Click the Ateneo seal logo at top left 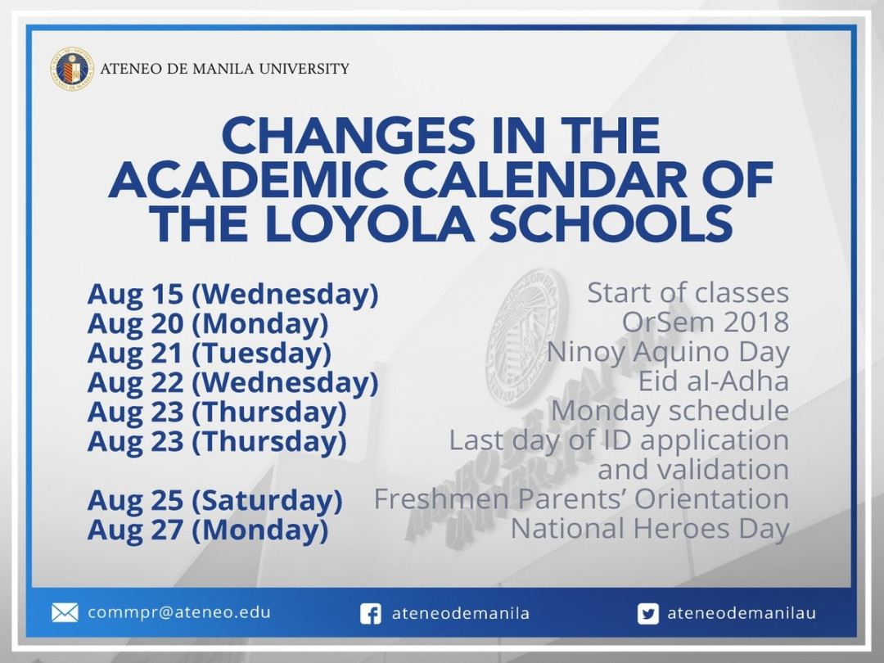point(72,69)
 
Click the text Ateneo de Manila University point(224,69)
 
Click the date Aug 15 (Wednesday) point(232,294)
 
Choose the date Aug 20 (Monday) point(208,324)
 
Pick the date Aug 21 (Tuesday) point(210,354)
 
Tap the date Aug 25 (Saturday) point(214,500)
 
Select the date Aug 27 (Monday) point(208,530)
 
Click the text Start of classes point(688,293)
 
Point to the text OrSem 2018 point(705,322)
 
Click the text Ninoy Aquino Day point(667,352)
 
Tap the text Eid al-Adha point(713,381)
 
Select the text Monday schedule point(669,411)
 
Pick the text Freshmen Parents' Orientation point(581,499)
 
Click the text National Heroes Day point(649,529)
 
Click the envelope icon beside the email point(65,613)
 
